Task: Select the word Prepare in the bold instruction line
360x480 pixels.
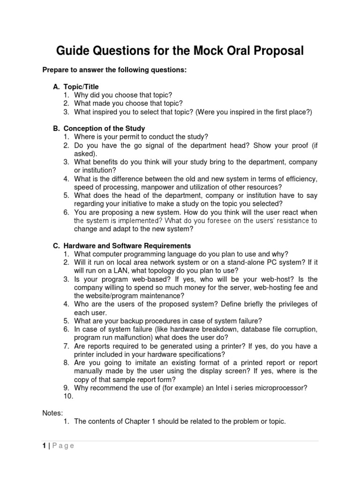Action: [57, 70]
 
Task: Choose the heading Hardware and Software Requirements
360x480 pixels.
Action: [127, 246]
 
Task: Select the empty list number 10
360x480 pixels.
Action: [68, 396]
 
